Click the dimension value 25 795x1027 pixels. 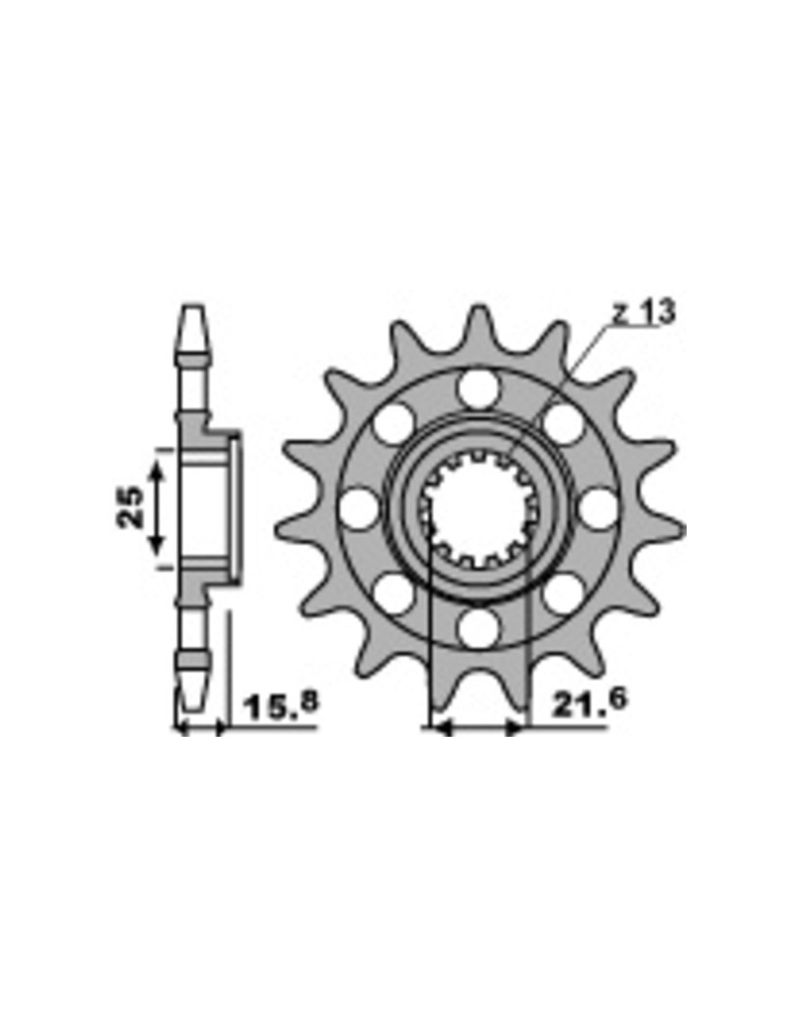pyautogui.click(x=129, y=506)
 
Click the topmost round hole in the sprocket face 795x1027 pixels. pyautogui.click(x=478, y=389)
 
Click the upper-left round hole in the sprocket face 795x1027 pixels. pyautogui.click(x=394, y=423)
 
